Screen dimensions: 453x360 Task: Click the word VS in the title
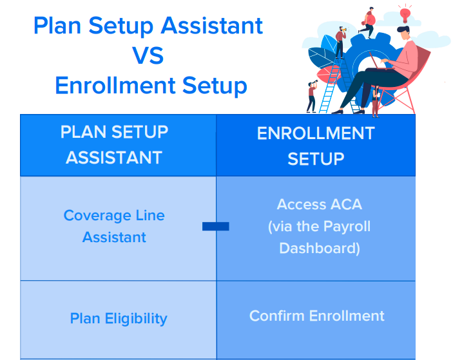[x=148, y=55]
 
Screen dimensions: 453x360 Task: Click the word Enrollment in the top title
[x=115, y=86]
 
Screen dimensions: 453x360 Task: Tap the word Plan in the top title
[x=57, y=25]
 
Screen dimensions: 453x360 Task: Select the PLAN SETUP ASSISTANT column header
[x=114, y=145]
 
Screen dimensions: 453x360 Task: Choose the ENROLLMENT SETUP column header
[x=316, y=146]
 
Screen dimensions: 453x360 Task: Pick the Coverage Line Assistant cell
[x=114, y=226]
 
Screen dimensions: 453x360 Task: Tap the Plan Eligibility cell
[x=119, y=319]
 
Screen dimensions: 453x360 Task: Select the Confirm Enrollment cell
[x=316, y=316]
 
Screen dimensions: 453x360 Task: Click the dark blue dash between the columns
[x=215, y=226]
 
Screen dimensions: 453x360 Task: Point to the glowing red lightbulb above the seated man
[x=405, y=14]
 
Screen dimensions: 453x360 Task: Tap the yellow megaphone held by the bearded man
[x=345, y=29]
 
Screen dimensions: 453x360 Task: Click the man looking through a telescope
[x=312, y=97]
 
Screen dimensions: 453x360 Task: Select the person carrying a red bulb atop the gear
[x=367, y=23]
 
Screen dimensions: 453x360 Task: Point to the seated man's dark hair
[x=403, y=29]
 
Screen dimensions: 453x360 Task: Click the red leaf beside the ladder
[x=327, y=75]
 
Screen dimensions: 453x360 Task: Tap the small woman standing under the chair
[x=376, y=101]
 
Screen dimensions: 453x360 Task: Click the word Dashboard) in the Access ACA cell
[x=320, y=249]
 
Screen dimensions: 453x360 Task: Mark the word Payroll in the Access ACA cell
[x=347, y=226]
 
